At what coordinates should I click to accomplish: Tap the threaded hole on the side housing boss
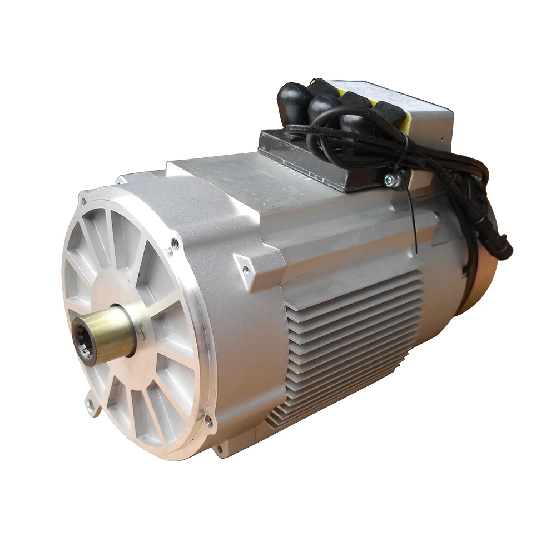pos(246,271)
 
